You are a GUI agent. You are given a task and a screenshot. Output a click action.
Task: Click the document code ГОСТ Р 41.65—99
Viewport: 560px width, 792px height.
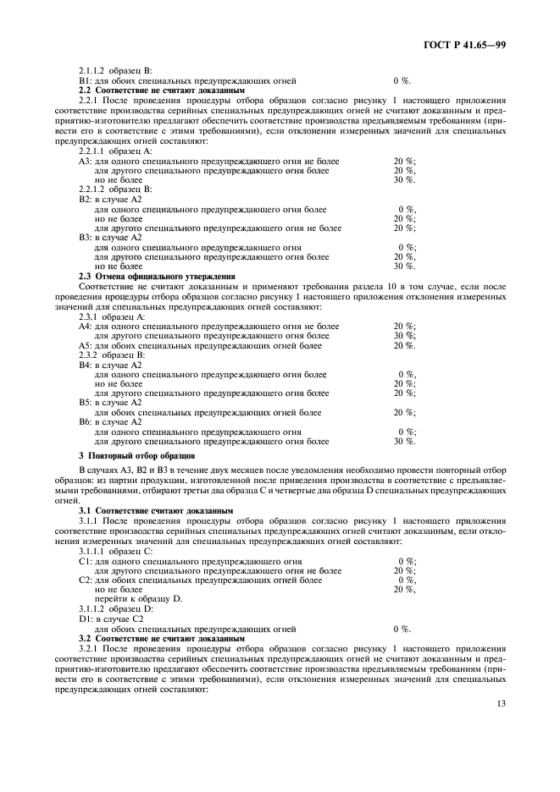[470, 45]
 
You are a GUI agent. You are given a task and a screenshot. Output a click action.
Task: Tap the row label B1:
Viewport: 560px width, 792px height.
[85, 80]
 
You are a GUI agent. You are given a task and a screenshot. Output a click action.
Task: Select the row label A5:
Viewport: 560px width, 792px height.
[85, 345]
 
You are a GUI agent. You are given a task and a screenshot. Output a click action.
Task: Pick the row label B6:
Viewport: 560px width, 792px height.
[85, 421]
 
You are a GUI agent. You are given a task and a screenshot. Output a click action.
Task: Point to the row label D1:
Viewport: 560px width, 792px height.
[85, 619]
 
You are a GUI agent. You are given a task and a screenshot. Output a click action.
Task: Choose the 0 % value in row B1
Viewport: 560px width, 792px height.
[402, 80]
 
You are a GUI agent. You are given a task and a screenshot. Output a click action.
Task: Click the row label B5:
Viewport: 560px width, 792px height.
[85, 402]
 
